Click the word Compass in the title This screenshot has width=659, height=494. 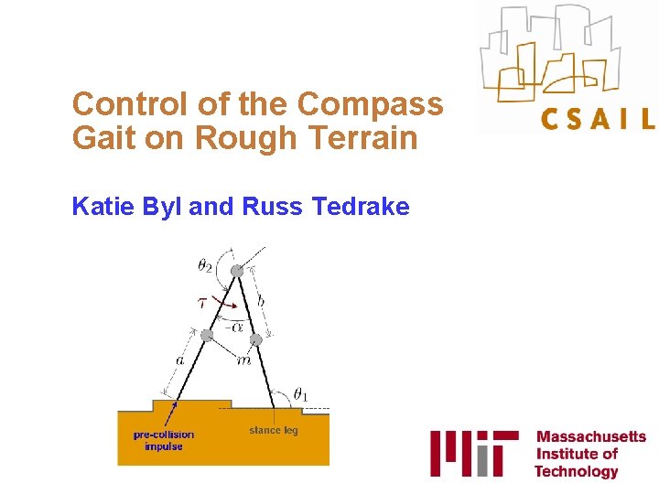(371, 103)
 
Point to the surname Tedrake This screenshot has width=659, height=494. (361, 207)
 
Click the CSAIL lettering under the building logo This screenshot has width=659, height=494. (597, 119)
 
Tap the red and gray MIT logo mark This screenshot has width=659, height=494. (474, 452)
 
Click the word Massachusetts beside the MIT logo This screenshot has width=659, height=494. (590, 437)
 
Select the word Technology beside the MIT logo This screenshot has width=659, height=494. (577, 471)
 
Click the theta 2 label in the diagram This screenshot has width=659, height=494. (205, 266)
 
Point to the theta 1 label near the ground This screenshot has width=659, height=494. (301, 394)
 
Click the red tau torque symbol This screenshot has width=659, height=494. (202, 302)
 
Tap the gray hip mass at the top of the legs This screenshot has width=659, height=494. (237, 271)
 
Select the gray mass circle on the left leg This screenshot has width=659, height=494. (207, 336)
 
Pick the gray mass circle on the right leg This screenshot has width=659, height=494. (256, 340)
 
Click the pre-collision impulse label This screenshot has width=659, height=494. (164, 440)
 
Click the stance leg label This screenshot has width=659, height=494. (274, 430)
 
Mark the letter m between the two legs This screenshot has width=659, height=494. (243, 360)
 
